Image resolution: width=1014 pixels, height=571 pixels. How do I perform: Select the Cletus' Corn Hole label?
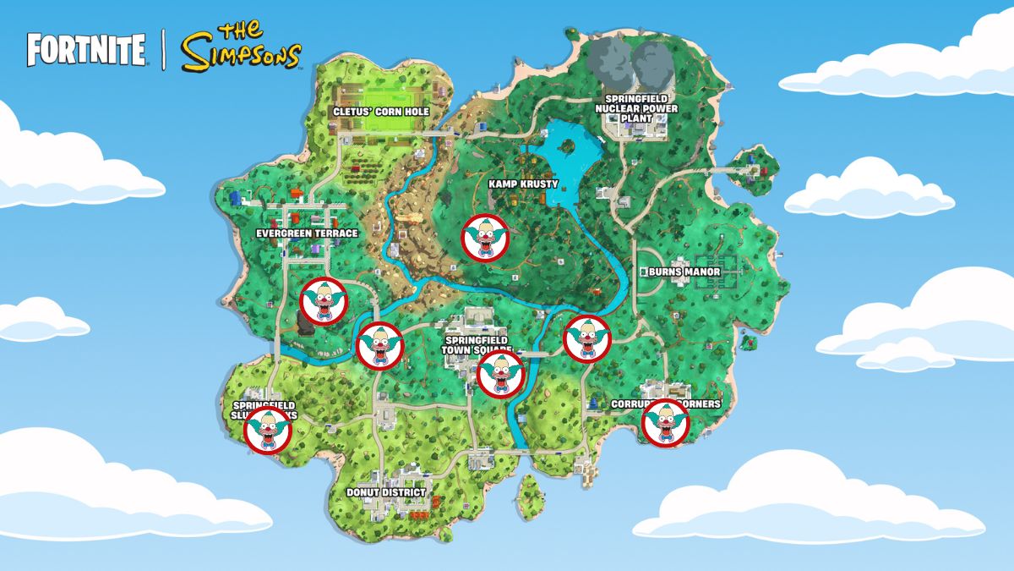[x=380, y=112]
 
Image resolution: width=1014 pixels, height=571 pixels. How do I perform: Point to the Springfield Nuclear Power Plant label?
[x=636, y=108]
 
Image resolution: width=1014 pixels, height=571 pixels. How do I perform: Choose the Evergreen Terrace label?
[x=307, y=233]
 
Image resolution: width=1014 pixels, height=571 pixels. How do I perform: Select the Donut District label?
[x=385, y=491]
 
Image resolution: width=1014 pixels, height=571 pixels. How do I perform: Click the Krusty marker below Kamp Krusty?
[x=485, y=238]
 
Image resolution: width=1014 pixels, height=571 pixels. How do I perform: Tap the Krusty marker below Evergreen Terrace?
[x=324, y=300]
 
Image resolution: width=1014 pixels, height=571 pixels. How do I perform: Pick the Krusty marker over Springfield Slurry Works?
[x=268, y=431]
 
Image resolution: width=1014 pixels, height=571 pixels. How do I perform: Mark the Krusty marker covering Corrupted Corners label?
[x=665, y=422]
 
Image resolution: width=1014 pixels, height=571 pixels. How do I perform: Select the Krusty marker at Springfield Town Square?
[x=500, y=373]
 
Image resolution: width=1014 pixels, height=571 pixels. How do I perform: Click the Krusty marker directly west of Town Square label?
[x=380, y=346]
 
